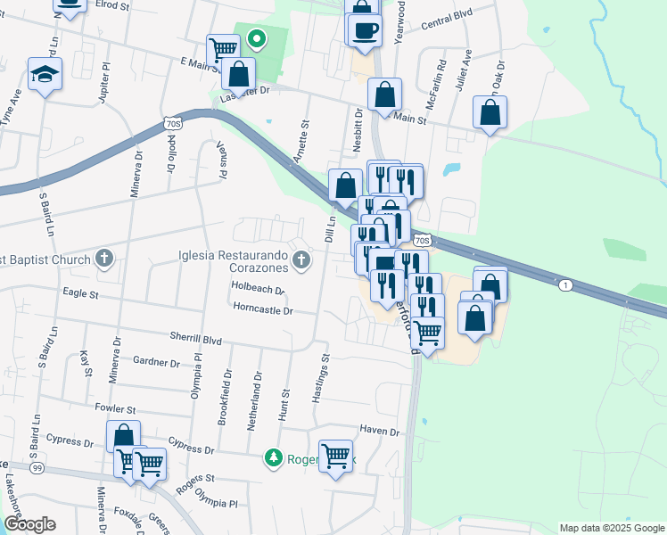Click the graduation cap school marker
pyautogui.click(x=45, y=75)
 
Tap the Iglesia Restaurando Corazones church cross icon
pyautogui.click(x=301, y=260)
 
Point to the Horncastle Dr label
pyautogui.click(x=264, y=310)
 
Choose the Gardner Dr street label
pyautogui.click(x=156, y=361)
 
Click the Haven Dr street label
pyautogui.click(x=377, y=431)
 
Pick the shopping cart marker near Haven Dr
pyautogui.click(x=336, y=457)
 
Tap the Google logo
pyautogui.click(x=29, y=524)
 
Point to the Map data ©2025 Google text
pyautogui.click(x=611, y=528)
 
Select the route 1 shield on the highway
pyautogui.click(x=564, y=285)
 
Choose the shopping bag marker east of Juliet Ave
pyautogui.click(x=490, y=113)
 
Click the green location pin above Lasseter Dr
pyautogui.click(x=257, y=38)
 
